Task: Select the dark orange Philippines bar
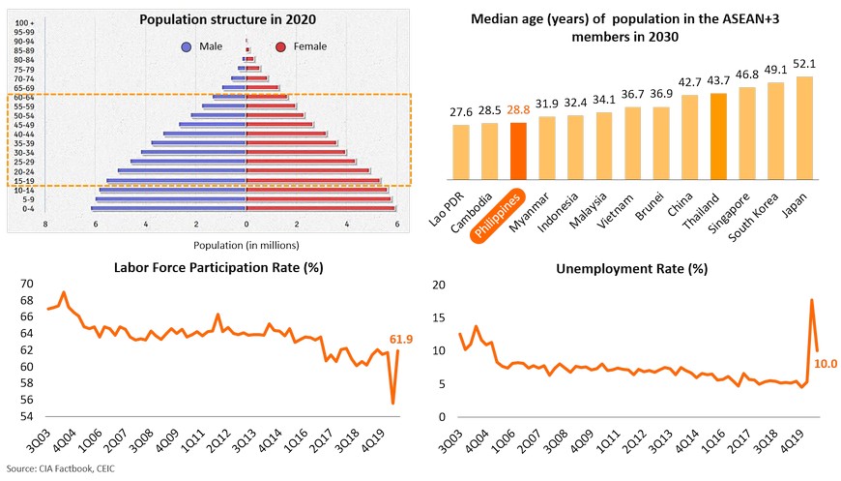[x=518, y=151]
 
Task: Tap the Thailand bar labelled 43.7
[x=718, y=136]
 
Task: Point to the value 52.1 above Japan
[x=804, y=64]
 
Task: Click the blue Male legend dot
[x=186, y=46]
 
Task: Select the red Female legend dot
[x=280, y=46]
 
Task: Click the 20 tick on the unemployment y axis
[x=437, y=284]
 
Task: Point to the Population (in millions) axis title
[x=246, y=245]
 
